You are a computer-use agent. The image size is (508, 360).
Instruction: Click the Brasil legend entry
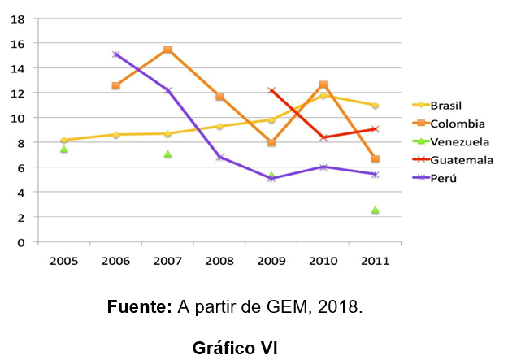pyautogui.click(x=447, y=105)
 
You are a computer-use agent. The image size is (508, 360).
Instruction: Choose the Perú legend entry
pyautogui.click(x=443, y=179)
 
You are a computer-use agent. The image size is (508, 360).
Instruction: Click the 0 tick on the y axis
pyautogui.click(x=23, y=242)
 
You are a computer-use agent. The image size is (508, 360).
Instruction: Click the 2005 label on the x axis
pyautogui.click(x=63, y=261)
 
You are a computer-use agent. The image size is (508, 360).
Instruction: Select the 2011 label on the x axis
pyautogui.click(x=375, y=261)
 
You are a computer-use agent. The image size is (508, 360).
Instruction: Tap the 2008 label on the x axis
pyautogui.click(x=219, y=261)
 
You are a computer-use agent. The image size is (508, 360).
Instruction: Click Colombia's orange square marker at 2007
pyautogui.click(x=167, y=50)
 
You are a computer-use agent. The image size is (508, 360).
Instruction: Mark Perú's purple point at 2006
pyautogui.click(x=116, y=54)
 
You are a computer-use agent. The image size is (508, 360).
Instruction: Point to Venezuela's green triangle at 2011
pyautogui.click(x=375, y=210)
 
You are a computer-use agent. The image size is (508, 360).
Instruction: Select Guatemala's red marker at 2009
pyautogui.click(x=271, y=90)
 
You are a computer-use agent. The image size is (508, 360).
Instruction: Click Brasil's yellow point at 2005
pyautogui.click(x=63, y=140)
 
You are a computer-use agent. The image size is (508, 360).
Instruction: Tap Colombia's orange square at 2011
pyautogui.click(x=375, y=159)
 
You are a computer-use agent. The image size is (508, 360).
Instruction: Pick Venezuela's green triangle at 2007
pyautogui.click(x=167, y=154)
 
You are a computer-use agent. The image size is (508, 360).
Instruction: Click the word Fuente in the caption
pyautogui.click(x=139, y=308)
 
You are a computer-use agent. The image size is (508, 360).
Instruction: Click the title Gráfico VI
pyautogui.click(x=235, y=347)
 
